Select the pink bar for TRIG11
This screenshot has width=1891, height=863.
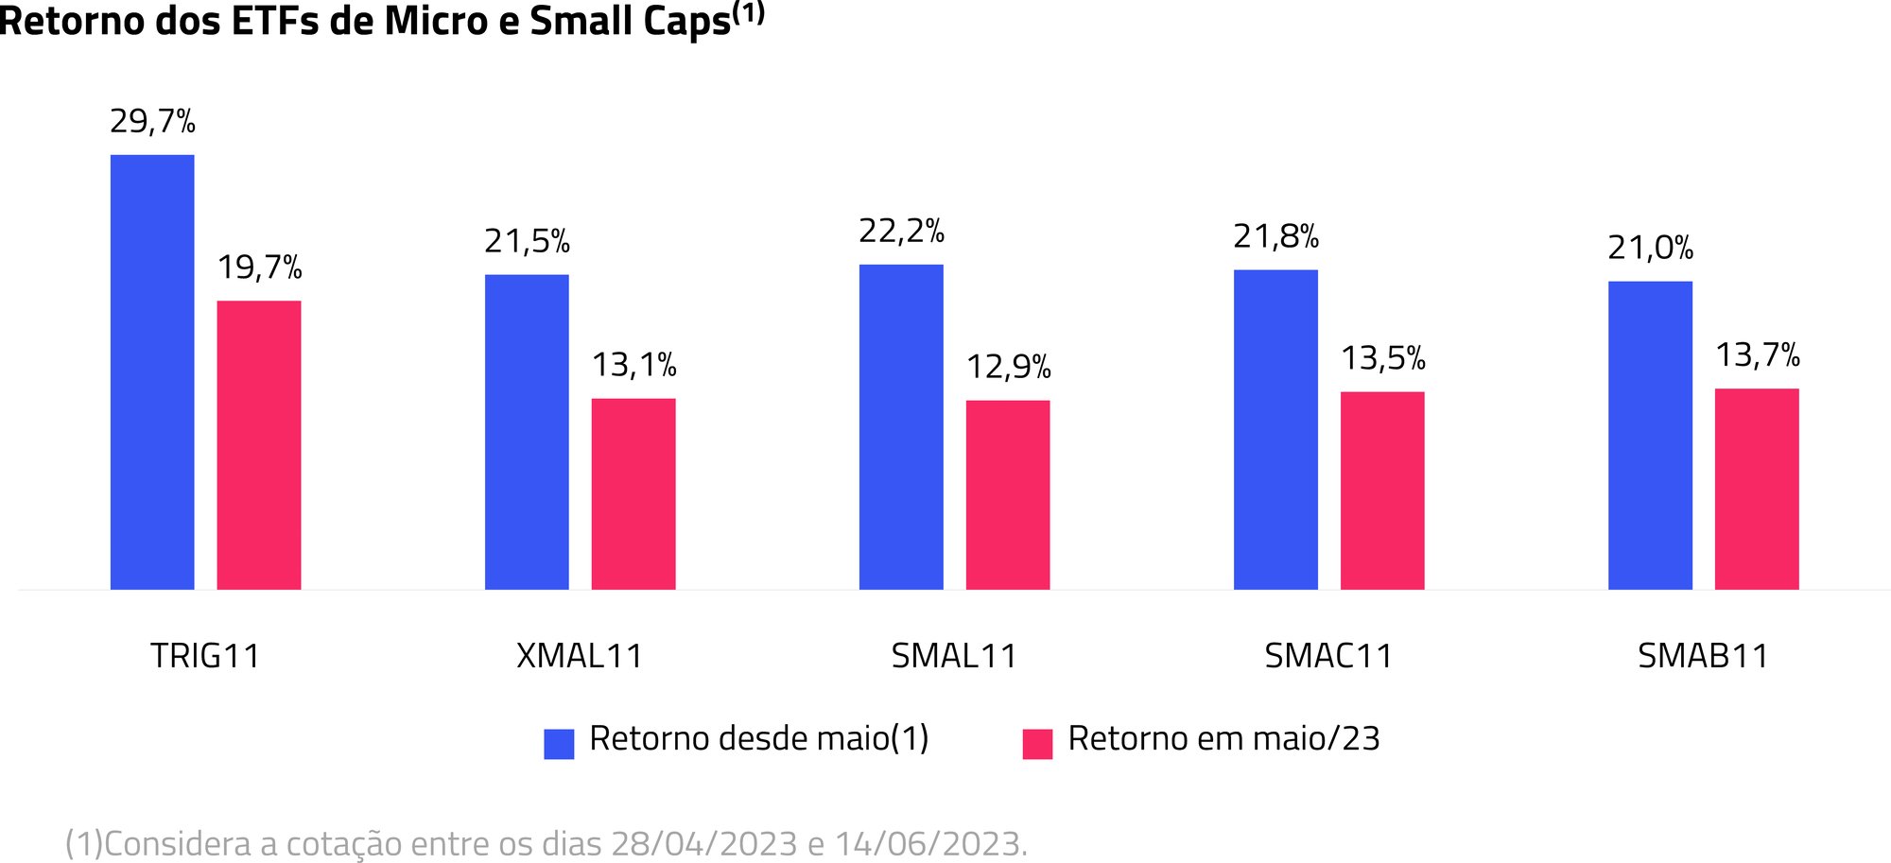coord(259,445)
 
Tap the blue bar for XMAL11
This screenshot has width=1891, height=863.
coord(527,432)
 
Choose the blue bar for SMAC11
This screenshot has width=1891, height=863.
coord(1275,429)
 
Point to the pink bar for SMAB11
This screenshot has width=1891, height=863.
coord(1757,489)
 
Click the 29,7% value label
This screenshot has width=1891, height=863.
coord(152,122)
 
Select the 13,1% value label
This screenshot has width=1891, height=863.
coord(633,365)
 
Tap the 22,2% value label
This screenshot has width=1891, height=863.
coord(901,232)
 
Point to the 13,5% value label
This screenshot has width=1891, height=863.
coord(1382,359)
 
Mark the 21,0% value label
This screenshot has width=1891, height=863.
coord(1650,249)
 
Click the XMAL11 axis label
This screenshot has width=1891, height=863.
coord(580,656)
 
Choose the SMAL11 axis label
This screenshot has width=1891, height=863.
coord(954,656)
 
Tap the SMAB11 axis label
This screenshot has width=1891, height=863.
coord(1703,656)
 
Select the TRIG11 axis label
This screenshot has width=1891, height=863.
coord(205,656)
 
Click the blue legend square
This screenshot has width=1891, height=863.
coord(559,744)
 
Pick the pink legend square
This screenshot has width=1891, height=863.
coord(1037,744)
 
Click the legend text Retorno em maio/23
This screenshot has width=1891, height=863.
coord(1223,739)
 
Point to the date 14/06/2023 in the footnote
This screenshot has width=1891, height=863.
coord(928,843)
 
